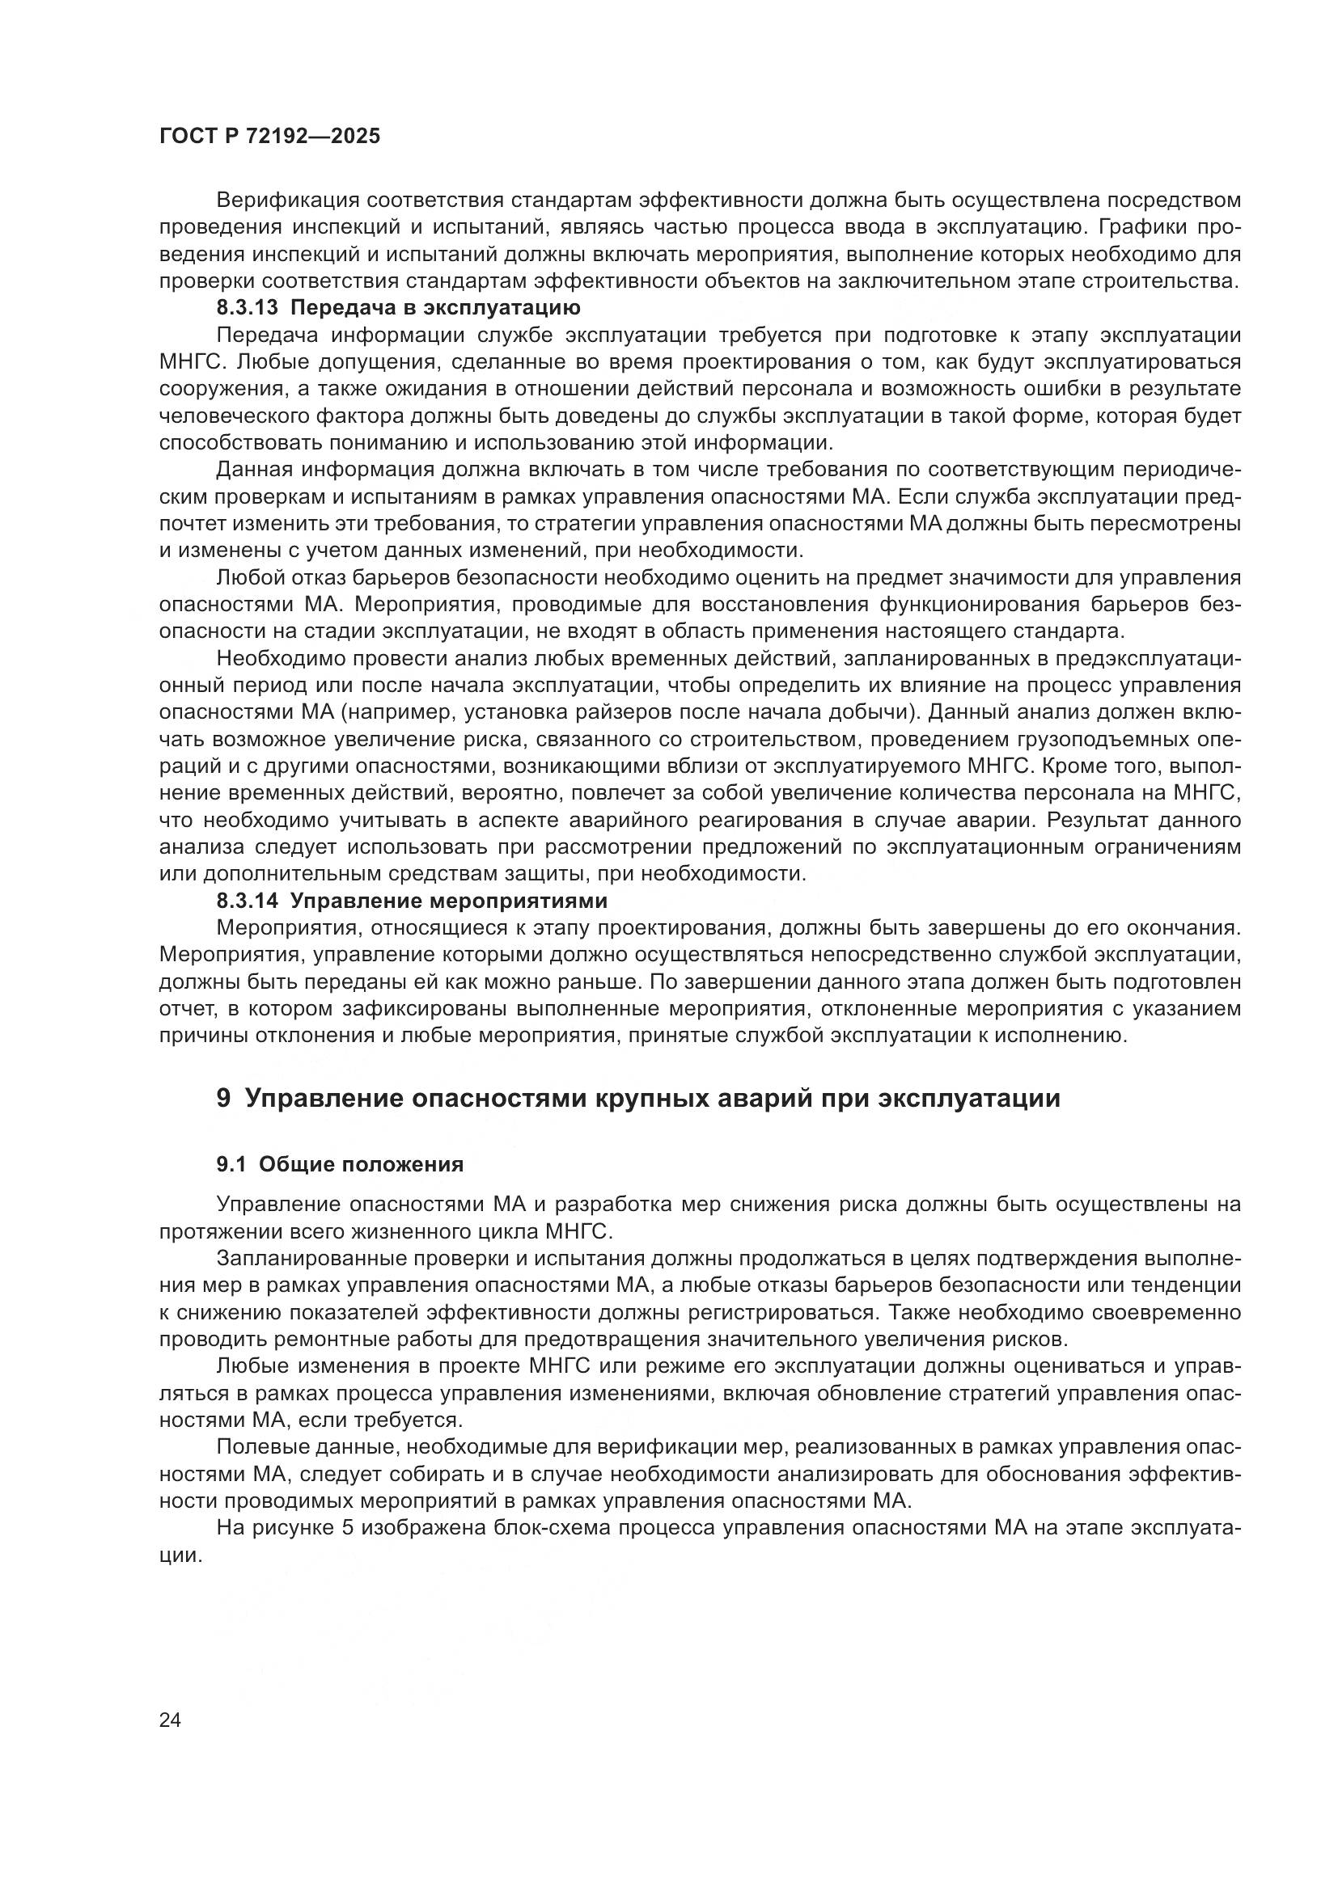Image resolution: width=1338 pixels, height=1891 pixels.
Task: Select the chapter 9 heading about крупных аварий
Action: (x=637, y=1099)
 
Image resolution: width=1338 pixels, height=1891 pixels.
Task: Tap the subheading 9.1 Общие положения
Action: (x=340, y=1163)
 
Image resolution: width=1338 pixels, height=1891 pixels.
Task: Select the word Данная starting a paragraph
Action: (x=254, y=470)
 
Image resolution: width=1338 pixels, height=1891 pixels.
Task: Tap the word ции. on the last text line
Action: (x=180, y=1555)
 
